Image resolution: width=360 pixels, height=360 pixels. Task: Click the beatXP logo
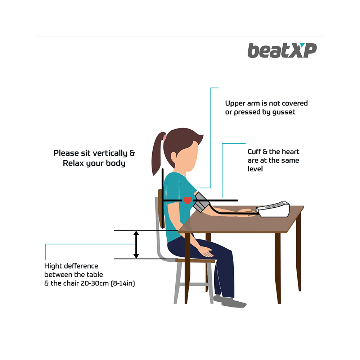coord(282,50)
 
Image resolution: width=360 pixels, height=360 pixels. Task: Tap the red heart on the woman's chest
coord(187,200)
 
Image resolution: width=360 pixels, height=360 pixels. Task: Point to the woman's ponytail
coord(157,155)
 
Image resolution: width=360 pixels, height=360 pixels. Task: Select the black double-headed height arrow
coord(136,244)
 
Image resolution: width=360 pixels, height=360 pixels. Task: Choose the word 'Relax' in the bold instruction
coord(74,163)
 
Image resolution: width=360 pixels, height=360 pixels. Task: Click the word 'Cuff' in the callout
coord(255,152)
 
